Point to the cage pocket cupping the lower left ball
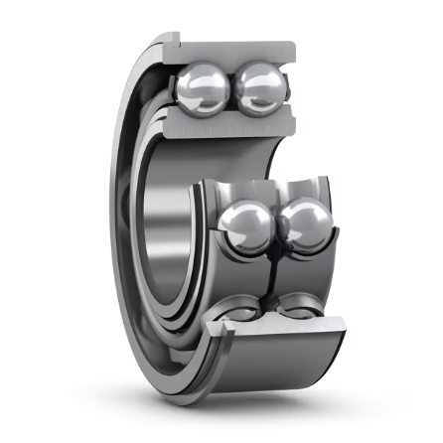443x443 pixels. [x=221, y=248]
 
